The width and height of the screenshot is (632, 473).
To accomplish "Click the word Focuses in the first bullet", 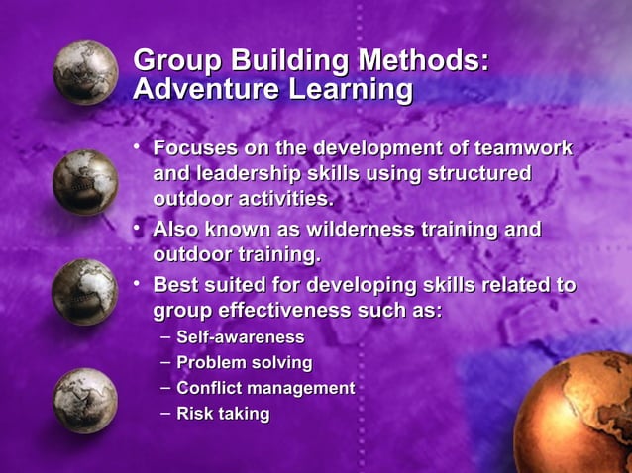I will point(195,148).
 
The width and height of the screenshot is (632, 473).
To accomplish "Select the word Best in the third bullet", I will point(175,286).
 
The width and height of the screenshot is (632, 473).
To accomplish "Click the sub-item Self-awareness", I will point(240,338).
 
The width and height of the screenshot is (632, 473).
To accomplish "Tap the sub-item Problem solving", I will point(244,363).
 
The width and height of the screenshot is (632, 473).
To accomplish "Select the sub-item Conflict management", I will point(264,388).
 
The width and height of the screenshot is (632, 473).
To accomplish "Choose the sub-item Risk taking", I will point(222,413).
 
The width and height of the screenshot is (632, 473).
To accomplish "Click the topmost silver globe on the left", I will point(85,72).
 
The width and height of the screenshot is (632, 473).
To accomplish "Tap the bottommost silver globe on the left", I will point(84,400).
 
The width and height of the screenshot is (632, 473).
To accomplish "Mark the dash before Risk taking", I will point(164,412).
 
